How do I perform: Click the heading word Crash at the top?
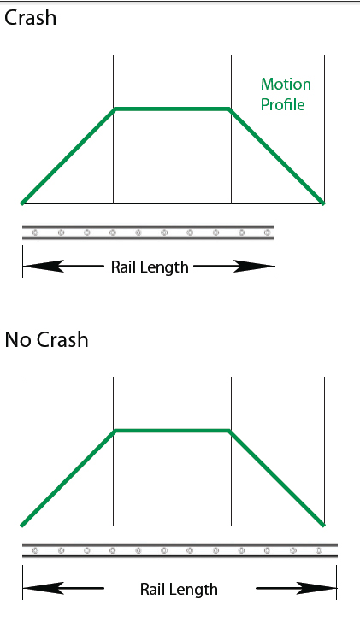tap(30, 18)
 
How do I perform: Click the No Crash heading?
tap(46, 339)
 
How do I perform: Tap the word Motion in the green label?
tap(286, 85)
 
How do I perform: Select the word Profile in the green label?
tap(283, 104)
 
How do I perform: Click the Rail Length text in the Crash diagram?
tap(150, 267)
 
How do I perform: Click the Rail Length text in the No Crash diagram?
tap(179, 590)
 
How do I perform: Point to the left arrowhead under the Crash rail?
tap(44, 266)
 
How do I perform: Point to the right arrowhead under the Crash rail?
tap(254, 266)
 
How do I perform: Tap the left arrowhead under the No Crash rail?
tap(44, 588)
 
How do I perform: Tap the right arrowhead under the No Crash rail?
tap(316, 588)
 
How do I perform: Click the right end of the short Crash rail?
tap(274, 232)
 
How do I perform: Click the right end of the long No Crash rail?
tap(337, 550)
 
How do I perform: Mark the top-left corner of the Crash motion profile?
tap(115, 109)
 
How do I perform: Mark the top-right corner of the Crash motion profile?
tap(230, 109)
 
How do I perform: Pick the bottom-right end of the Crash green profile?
tap(323, 203)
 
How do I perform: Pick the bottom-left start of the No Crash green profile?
tap(22, 525)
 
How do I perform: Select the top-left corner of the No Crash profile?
tap(115, 431)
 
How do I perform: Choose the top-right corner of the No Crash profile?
tap(230, 431)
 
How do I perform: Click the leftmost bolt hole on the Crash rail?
tap(35, 232)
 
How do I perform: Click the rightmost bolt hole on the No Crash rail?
tap(319, 550)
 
